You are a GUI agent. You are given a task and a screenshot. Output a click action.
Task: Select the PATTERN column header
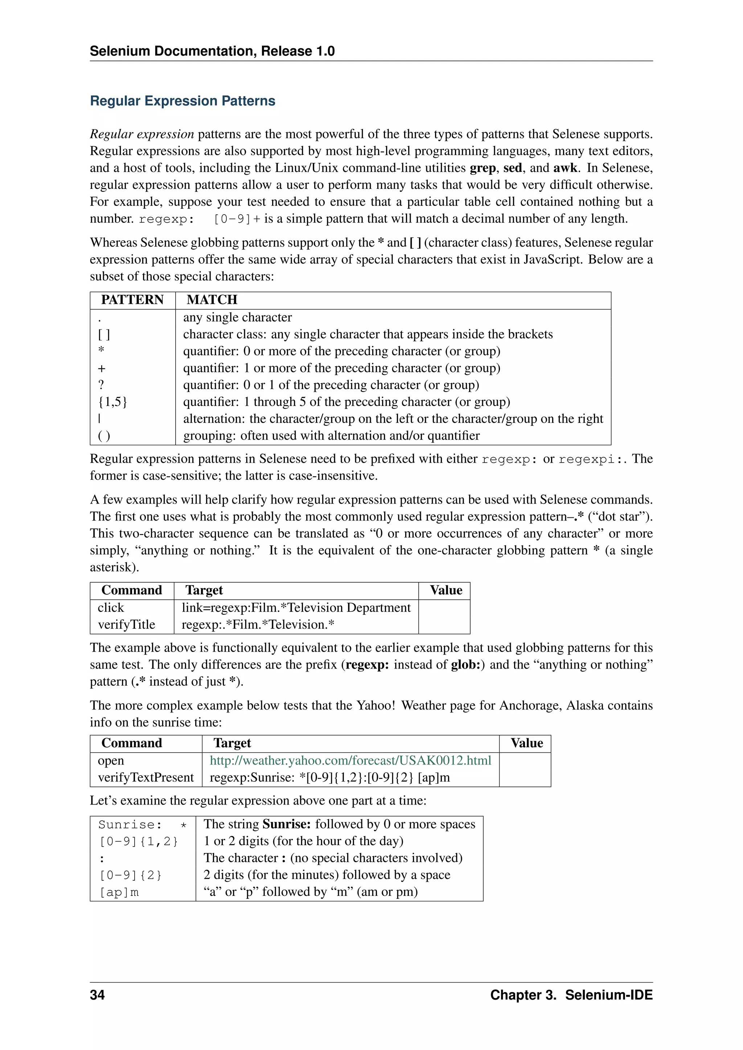coord(132,299)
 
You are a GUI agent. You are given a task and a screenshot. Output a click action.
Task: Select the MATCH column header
coord(212,299)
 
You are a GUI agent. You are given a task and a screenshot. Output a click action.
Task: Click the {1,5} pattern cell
coord(112,402)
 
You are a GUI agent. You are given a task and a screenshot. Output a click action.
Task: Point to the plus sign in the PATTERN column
coord(102,368)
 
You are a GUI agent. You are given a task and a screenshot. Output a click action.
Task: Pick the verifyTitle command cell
coord(126,625)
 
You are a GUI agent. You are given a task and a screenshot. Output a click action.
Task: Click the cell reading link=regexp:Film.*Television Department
coord(296,608)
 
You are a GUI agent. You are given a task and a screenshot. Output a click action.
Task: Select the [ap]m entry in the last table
coord(119,892)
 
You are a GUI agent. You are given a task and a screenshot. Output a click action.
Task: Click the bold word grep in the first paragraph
coord(482,168)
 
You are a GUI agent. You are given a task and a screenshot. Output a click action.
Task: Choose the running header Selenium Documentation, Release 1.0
coord(212,51)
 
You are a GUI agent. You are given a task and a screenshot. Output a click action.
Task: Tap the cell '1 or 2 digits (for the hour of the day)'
coord(303,841)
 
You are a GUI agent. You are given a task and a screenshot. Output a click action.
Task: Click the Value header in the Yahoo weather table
coord(527,743)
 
